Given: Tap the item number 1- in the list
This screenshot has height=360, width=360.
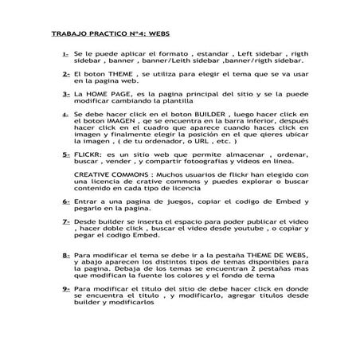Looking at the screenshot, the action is click(x=65, y=53).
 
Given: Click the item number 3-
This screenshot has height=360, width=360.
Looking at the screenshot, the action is click(x=65, y=94).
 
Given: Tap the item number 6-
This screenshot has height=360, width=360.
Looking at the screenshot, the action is click(x=65, y=203).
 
